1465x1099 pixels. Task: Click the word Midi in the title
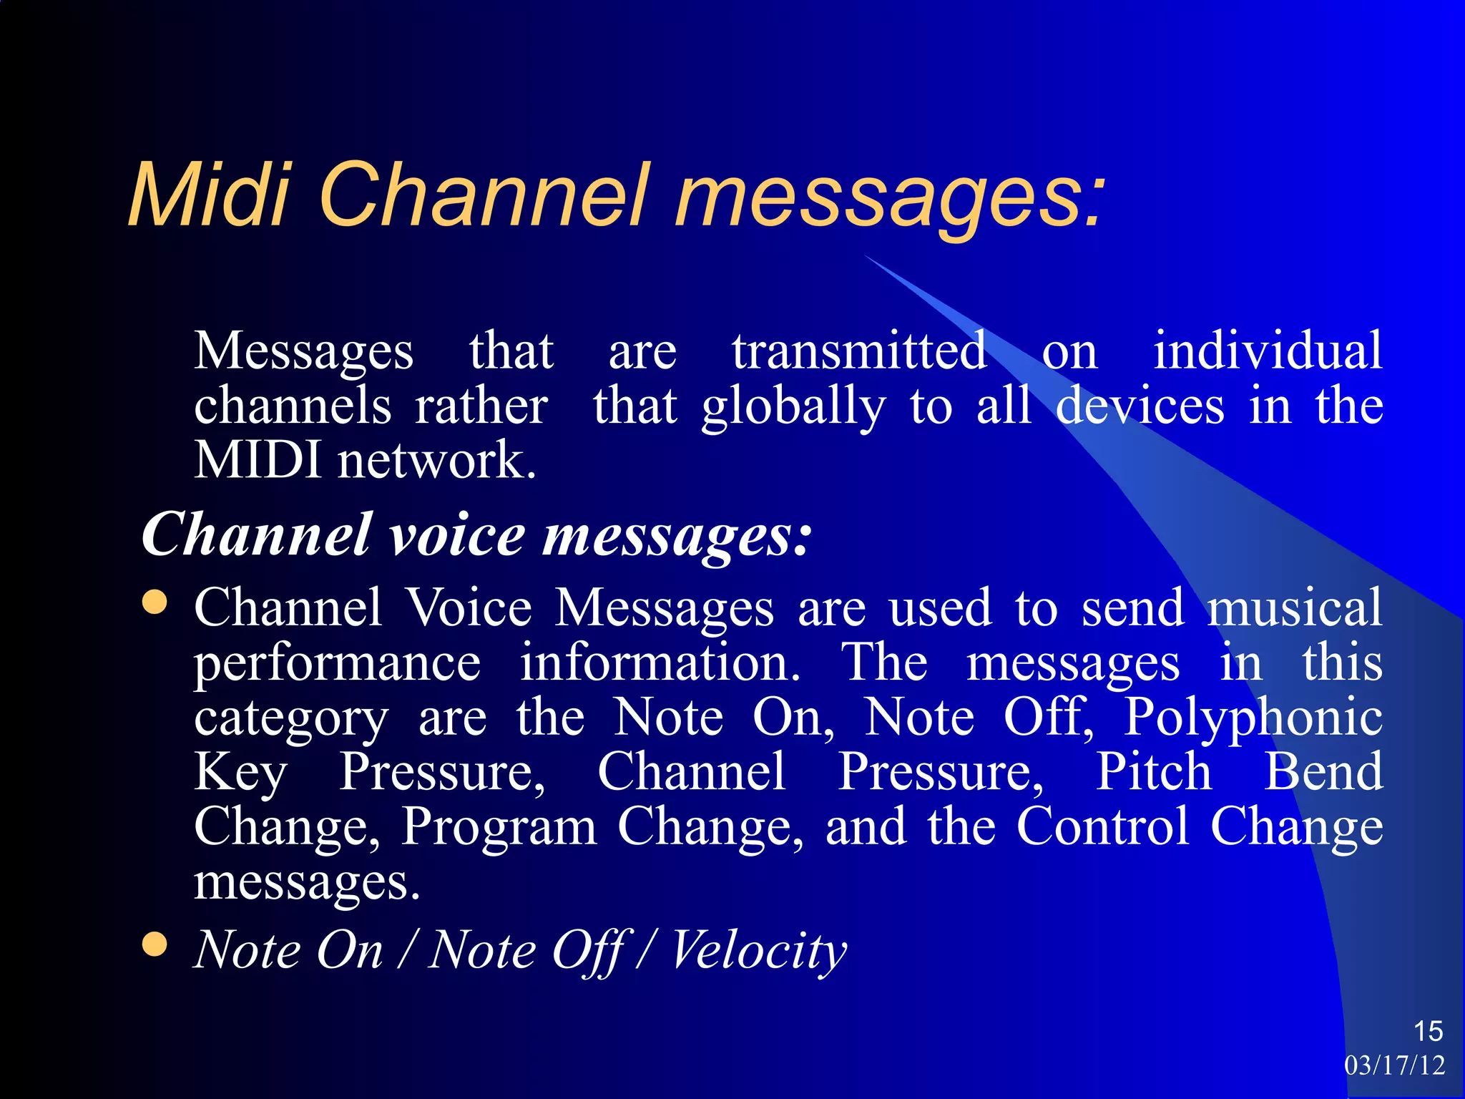coord(208,195)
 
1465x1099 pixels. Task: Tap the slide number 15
coord(1428,1032)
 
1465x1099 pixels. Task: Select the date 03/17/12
coord(1394,1065)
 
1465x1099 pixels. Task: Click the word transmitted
coord(859,351)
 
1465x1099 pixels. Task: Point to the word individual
coord(1268,351)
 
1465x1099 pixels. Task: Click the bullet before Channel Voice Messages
coord(155,602)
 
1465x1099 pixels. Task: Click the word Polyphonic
coord(1253,718)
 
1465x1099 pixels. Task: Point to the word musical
coord(1295,607)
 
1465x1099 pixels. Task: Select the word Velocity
coord(758,950)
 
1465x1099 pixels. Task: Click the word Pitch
coord(1154,772)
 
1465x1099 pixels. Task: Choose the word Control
coord(1102,826)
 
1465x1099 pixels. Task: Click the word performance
coord(338,664)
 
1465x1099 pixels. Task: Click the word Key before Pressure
coord(240,773)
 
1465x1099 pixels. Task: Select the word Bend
coord(1323,772)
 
